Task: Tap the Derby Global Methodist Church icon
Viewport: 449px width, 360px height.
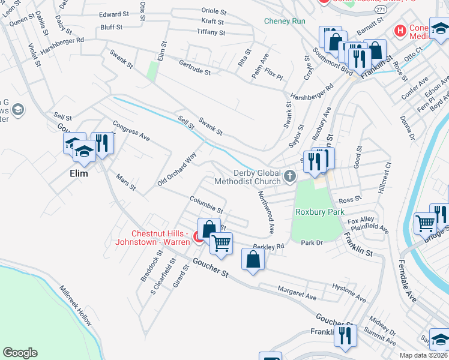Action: click(x=290, y=176)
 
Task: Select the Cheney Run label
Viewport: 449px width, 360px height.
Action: click(x=285, y=21)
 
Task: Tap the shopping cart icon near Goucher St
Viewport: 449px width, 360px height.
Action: click(x=221, y=243)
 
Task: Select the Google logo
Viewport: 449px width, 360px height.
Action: click(x=20, y=353)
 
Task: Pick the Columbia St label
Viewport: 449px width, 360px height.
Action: click(x=206, y=205)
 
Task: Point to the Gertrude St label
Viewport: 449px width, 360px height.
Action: click(x=194, y=67)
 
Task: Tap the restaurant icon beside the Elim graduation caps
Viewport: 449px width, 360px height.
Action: click(x=102, y=142)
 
